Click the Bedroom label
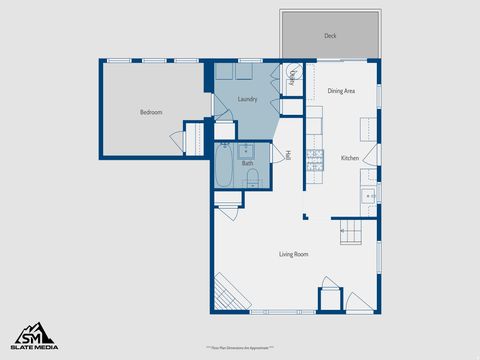[150, 112]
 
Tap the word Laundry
[247, 98]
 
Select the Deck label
[330, 36]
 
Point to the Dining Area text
[342, 91]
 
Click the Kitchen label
[349, 158]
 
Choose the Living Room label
[293, 254]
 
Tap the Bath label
[247, 163]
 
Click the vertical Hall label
[288, 156]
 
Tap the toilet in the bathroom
[253, 179]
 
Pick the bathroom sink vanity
[246, 151]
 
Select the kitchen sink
[369, 194]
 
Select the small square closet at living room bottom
[329, 299]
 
